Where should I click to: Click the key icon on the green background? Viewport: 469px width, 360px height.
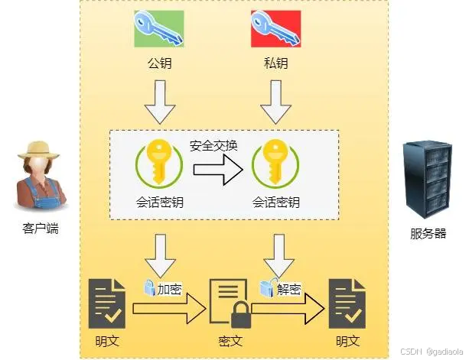(159, 28)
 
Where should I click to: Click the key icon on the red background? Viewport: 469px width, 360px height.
(275, 28)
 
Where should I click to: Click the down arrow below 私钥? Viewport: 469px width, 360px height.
(275, 103)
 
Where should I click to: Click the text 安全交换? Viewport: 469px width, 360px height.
(213, 145)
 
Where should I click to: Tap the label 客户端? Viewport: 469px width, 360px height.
(40, 227)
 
